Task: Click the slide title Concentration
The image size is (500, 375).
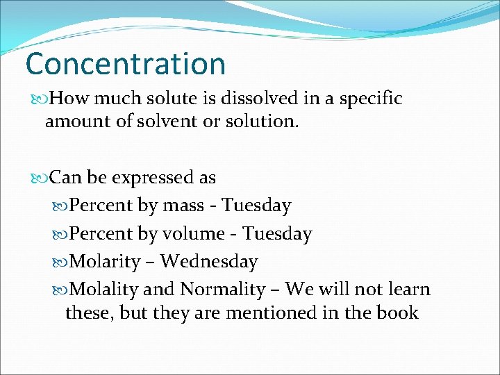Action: pos(126,64)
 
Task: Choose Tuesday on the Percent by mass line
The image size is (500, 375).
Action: pos(256,206)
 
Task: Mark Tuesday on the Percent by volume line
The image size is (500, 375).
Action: pos(277,234)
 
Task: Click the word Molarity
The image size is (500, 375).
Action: pos(106,262)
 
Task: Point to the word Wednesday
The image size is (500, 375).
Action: pos(208,262)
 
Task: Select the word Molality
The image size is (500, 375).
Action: pos(106,289)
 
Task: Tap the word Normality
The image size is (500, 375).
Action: pos(223,289)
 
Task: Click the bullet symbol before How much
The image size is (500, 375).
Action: pos(40,99)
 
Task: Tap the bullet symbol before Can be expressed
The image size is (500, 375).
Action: pos(40,178)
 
